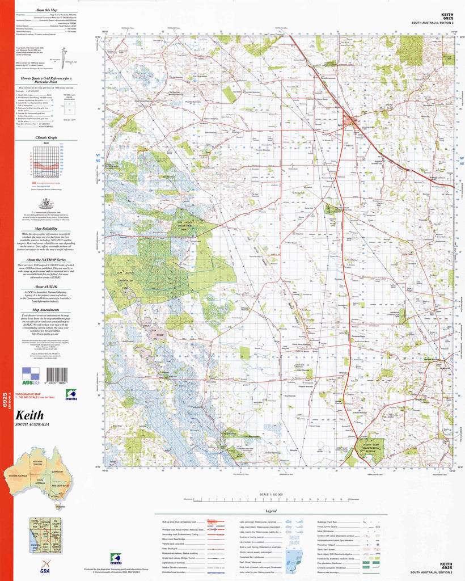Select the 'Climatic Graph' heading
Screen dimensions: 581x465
click(45, 138)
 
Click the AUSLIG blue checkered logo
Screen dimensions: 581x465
click(30, 376)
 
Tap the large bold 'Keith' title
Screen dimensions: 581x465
click(30, 415)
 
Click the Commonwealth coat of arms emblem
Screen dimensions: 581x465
click(45, 204)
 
